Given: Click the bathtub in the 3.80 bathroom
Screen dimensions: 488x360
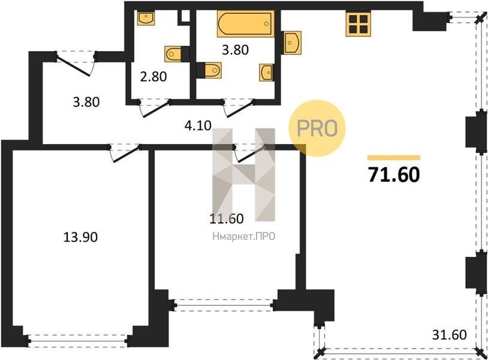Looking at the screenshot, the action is (246, 23).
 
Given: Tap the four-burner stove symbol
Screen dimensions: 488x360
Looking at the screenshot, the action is (359, 23).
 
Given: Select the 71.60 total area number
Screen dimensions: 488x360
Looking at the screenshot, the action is (394, 175).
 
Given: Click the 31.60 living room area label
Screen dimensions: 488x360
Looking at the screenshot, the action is (450, 335).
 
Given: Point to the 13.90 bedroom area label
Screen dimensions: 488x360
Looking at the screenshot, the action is (80, 237).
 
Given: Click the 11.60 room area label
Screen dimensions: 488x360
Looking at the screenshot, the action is (226, 218).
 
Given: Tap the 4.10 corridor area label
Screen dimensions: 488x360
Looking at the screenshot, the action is (198, 126).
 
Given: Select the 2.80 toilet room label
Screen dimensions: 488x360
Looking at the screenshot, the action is (153, 77).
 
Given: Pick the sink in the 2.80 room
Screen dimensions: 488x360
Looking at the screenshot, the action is (146, 19).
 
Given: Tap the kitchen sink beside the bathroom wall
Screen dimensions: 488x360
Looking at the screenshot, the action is (291, 43).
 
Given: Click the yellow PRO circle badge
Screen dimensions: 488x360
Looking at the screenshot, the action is (317, 128).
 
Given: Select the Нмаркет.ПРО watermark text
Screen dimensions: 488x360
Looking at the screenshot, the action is (244, 236).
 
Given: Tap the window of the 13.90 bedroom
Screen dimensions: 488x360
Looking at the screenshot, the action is (78, 341).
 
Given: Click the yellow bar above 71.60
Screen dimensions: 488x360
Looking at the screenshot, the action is (394, 158).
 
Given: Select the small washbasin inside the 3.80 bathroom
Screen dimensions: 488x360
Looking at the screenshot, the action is (267, 73).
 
